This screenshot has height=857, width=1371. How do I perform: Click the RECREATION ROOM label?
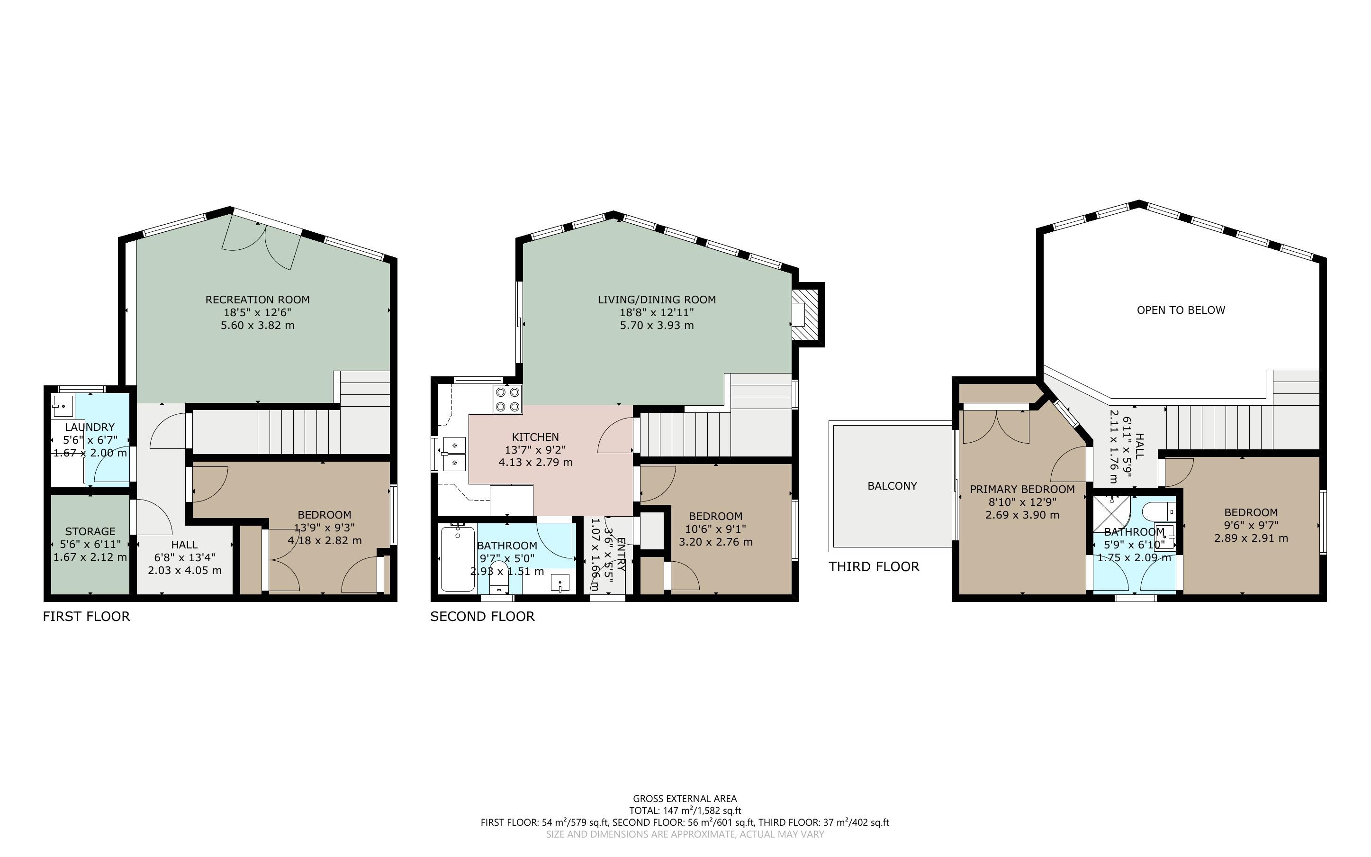[x=257, y=299]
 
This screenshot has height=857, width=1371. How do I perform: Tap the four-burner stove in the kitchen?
[x=507, y=399]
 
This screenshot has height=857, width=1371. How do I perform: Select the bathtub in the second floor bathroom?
[x=458, y=559]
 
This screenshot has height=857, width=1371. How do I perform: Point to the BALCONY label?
[x=892, y=486]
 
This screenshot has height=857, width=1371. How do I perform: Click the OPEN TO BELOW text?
[x=1181, y=310]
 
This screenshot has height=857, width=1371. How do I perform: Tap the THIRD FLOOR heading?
[x=874, y=567]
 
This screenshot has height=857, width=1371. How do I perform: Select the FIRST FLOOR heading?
[x=86, y=617]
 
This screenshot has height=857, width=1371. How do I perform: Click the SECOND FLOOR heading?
[x=482, y=617]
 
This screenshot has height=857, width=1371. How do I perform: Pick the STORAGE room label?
[x=90, y=531]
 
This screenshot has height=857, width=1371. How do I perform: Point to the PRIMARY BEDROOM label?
[x=1022, y=489]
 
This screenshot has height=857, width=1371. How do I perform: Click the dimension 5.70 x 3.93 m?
[x=656, y=325]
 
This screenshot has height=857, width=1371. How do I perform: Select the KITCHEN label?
[x=535, y=437]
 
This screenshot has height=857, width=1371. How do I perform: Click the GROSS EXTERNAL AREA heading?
[x=685, y=799]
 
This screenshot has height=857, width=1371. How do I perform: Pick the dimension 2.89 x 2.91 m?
[x=1251, y=538]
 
